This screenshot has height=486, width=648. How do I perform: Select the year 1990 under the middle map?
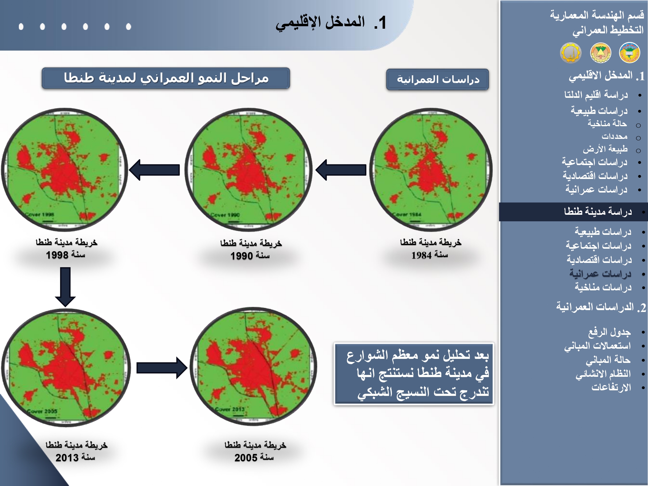pos(242,256)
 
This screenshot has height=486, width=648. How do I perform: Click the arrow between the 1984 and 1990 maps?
pos(341,170)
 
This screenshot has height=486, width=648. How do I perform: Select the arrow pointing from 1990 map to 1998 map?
pos(154,170)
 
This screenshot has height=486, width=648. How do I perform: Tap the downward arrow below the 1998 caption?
pos(65,287)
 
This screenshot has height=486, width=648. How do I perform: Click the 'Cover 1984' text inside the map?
pos(408,214)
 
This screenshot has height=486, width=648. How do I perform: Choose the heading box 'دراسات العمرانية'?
pos(438,80)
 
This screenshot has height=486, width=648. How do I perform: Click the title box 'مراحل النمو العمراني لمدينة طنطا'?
pos(166,78)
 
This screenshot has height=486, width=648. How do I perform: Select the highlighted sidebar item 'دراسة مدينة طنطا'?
pos(598,212)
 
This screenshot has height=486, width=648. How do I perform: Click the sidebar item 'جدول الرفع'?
pos(609,332)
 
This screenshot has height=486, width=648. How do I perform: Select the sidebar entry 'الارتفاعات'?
pos(611,387)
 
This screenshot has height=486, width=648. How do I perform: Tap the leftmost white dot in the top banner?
pos(21,27)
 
